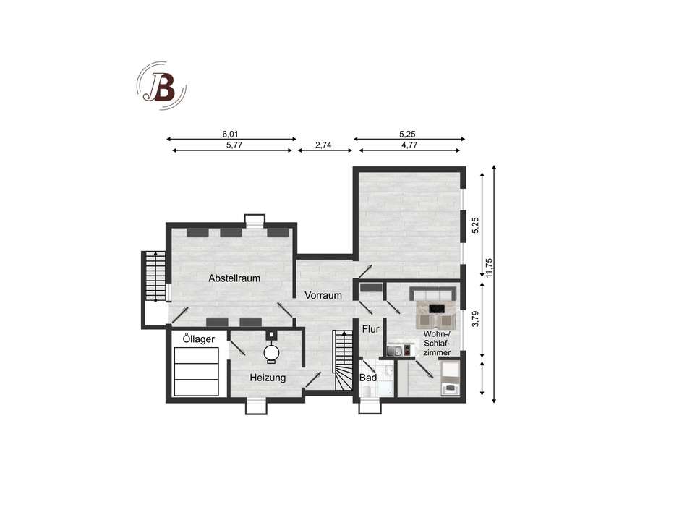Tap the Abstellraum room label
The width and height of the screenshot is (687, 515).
pyautogui.click(x=234, y=278)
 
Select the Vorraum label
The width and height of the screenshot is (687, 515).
pyautogui.click(x=323, y=295)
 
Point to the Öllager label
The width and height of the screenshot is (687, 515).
pyautogui.click(x=198, y=339)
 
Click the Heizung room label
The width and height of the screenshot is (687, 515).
pyautogui.click(x=268, y=378)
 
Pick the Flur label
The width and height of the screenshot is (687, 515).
pyautogui.click(x=370, y=329)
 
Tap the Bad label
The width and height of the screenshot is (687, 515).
pyautogui.click(x=367, y=378)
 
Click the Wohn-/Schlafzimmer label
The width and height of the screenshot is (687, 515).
pyautogui.click(x=438, y=343)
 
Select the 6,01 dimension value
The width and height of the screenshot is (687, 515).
pyautogui.click(x=230, y=134)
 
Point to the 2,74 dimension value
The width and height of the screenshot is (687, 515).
pyautogui.click(x=323, y=145)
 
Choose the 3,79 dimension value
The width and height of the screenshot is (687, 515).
pyautogui.click(x=475, y=319)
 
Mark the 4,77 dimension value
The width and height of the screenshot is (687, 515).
pyautogui.click(x=409, y=145)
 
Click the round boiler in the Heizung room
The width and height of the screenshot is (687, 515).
pyautogui.click(x=271, y=352)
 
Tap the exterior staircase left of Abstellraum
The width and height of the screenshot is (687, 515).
pyautogui.click(x=153, y=276)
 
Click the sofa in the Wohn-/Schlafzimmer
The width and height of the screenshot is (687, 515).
pyautogui.click(x=432, y=294)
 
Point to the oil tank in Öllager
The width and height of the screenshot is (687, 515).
pyautogui.click(x=196, y=370)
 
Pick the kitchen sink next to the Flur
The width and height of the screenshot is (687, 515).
pyautogui.click(x=394, y=351)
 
